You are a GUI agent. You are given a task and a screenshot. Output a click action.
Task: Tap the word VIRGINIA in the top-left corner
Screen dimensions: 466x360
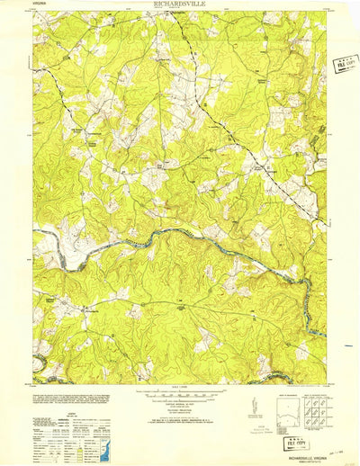[x=41, y=4]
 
